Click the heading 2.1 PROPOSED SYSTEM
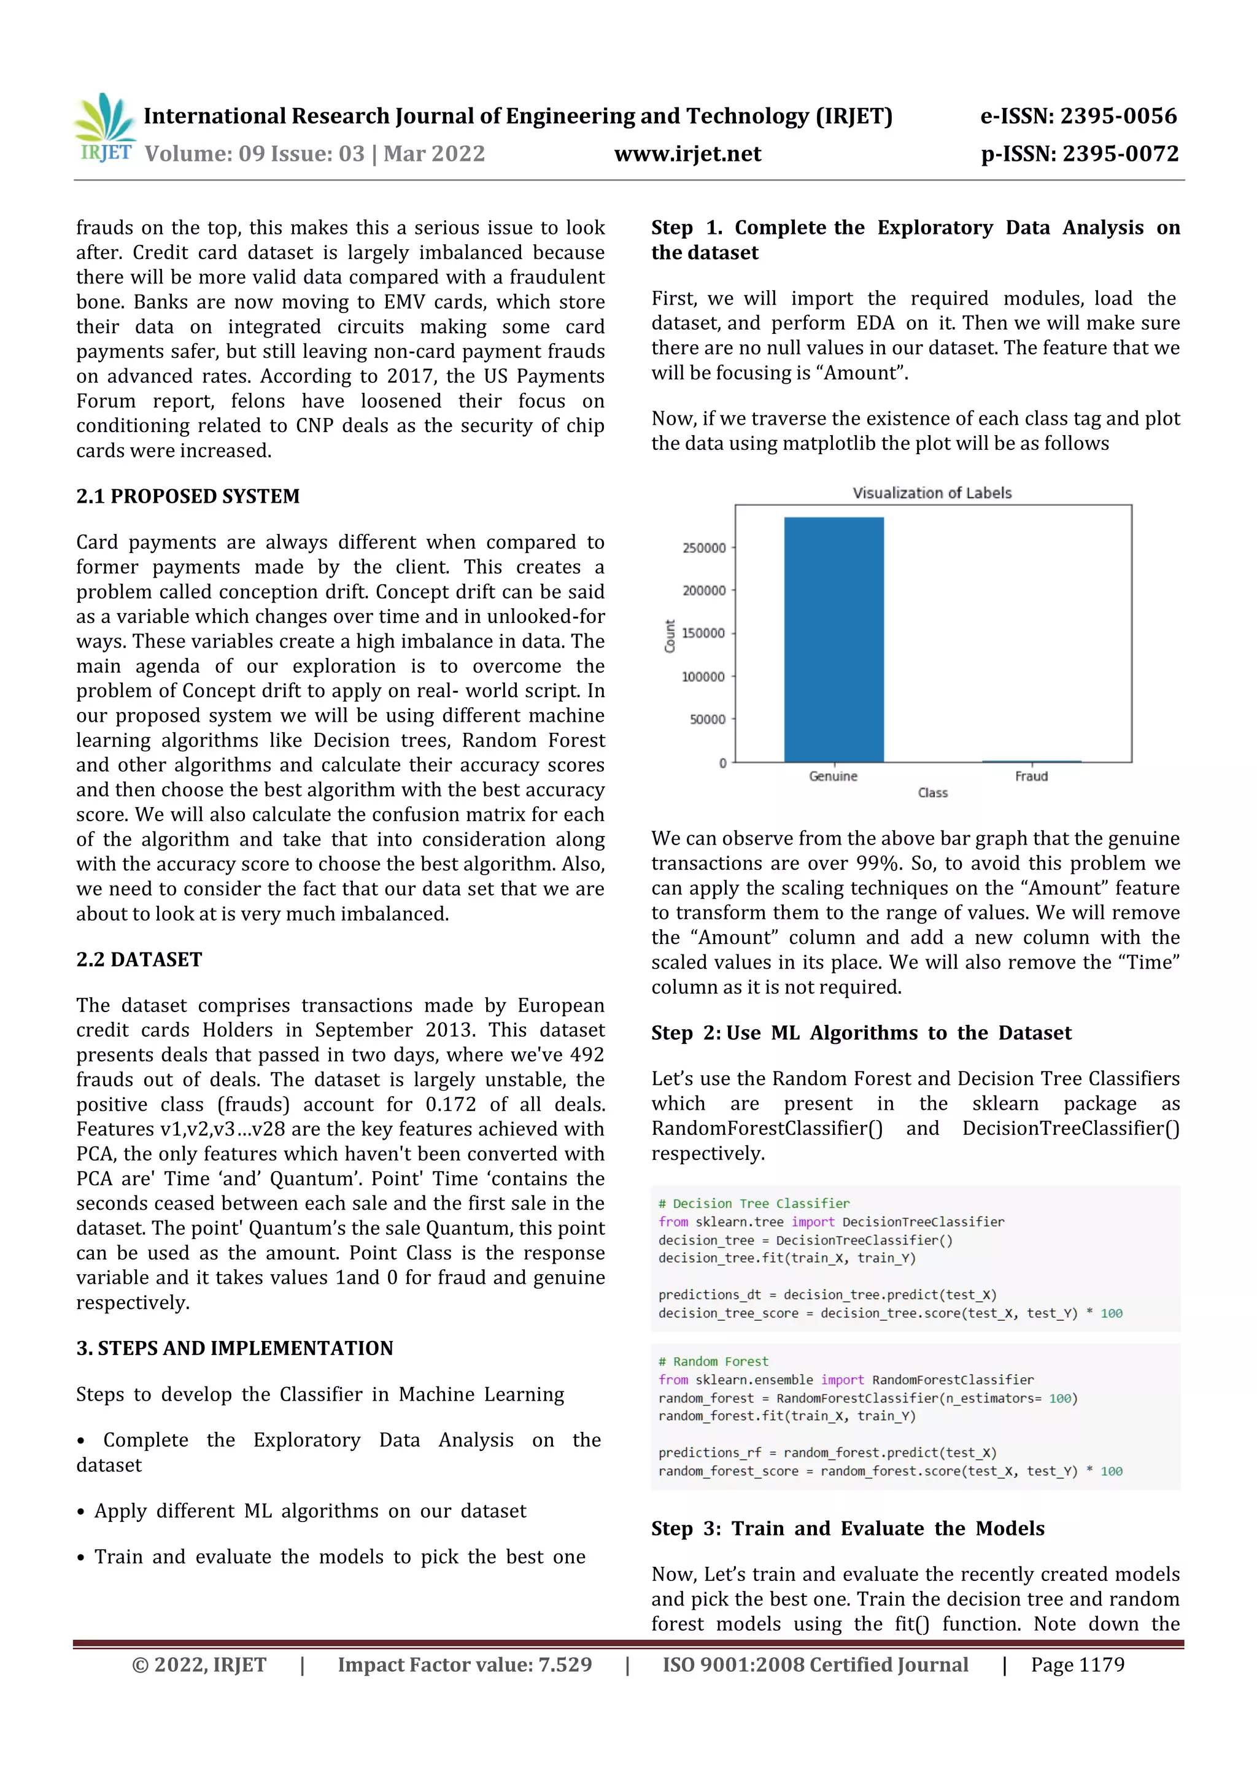click(x=187, y=497)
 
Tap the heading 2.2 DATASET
click(x=139, y=959)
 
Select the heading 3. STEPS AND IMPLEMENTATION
click(x=234, y=1348)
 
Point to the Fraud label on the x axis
click(x=1031, y=776)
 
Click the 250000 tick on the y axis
click(x=703, y=548)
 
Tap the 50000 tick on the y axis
click(x=707, y=719)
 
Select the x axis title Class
click(x=932, y=793)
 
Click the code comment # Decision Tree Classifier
click(x=753, y=1204)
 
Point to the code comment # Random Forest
click(x=713, y=1361)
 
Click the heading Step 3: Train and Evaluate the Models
click(x=847, y=1529)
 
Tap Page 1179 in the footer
click(x=1077, y=1665)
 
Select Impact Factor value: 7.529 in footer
click(x=465, y=1665)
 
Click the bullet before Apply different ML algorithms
click(x=80, y=1512)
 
